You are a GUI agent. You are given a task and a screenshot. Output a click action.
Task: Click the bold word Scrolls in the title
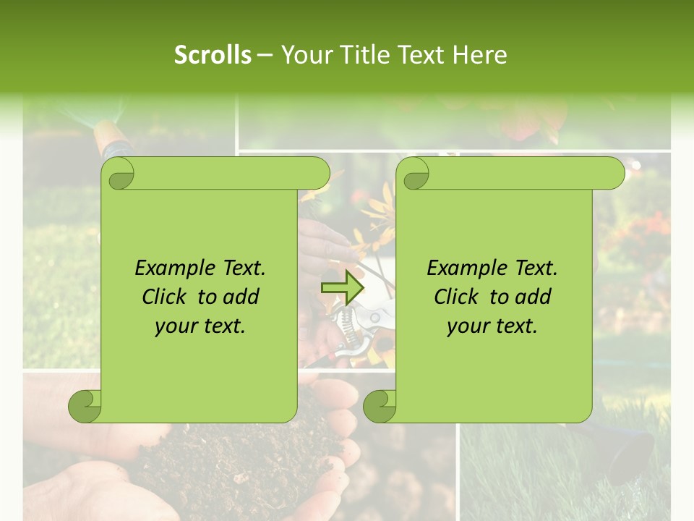coord(213,55)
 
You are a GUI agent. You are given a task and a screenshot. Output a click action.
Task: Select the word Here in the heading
coord(479,55)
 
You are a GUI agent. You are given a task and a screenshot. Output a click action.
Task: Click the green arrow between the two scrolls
coord(343,288)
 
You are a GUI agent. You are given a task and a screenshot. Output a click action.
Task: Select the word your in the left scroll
coord(174,326)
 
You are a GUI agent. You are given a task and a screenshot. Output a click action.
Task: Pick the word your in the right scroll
coord(466,326)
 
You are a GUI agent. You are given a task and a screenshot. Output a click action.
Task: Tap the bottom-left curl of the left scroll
coord(85,406)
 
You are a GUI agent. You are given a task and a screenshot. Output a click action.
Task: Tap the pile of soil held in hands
coord(239,456)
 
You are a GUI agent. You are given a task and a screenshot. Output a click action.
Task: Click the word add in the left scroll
coord(241,297)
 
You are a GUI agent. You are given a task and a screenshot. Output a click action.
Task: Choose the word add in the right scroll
coord(533,297)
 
